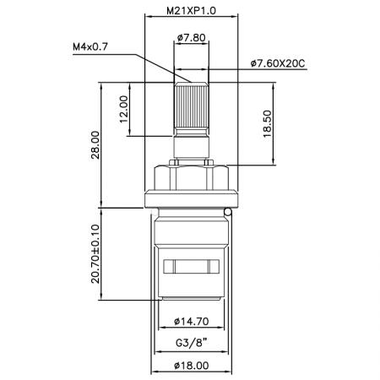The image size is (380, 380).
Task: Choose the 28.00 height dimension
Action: pos(95,144)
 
